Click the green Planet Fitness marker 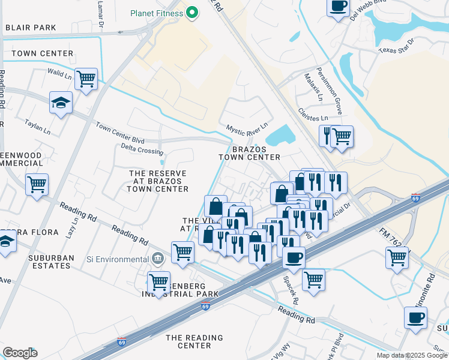point(192,13)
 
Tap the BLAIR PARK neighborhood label point(30,28)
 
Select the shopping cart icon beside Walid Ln point(86,79)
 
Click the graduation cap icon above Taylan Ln point(61,103)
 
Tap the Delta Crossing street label point(142,148)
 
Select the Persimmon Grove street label point(339,97)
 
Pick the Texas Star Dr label point(396,46)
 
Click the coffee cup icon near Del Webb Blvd point(338,7)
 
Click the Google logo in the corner point(20,353)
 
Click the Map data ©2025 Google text point(411,355)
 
